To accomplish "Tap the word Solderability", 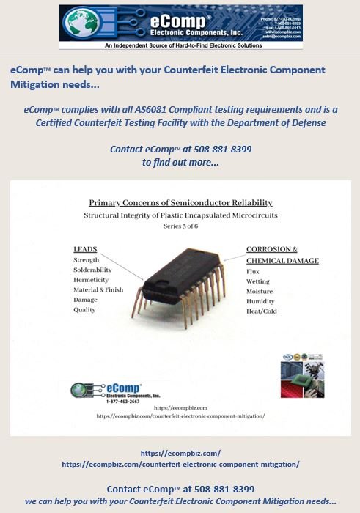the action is point(92,270).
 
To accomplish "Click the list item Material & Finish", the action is point(97,290).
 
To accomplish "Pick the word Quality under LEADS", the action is point(84,310).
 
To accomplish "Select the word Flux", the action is point(253,271).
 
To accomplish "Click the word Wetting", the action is point(258,281).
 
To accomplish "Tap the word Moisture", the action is point(260,291).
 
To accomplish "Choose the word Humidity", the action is point(260,300).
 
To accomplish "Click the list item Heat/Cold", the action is point(261,311).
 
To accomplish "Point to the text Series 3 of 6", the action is point(180,226).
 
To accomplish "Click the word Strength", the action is point(87,260).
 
